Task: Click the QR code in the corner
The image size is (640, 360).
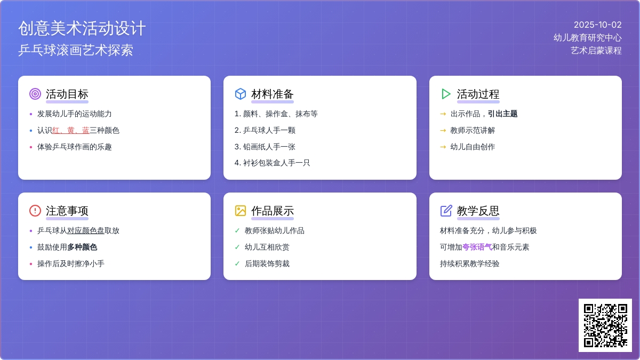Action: (605, 325)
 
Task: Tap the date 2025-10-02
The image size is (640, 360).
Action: (597, 25)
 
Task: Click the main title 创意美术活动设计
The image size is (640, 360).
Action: (82, 28)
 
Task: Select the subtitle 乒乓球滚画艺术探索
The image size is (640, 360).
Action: (76, 50)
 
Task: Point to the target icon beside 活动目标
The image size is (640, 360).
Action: (35, 94)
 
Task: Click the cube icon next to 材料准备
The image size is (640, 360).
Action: (241, 94)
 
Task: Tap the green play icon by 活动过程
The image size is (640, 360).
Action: (446, 94)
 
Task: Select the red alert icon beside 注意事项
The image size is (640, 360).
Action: (35, 211)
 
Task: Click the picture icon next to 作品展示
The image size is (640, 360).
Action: (241, 211)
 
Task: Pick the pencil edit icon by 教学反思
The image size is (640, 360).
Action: (446, 211)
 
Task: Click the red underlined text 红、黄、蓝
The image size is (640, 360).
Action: (71, 131)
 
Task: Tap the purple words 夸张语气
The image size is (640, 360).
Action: (477, 247)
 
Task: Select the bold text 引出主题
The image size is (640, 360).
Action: (502, 114)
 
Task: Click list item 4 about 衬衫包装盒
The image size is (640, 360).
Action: (273, 163)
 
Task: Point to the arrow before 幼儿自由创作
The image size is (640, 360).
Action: (443, 147)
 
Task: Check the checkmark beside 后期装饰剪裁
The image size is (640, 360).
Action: (237, 263)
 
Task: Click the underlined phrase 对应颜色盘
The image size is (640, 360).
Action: (86, 230)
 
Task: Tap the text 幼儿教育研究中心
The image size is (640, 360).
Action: (587, 38)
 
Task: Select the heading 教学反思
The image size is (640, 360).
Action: (478, 211)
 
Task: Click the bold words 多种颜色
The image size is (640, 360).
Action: (82, 247)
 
